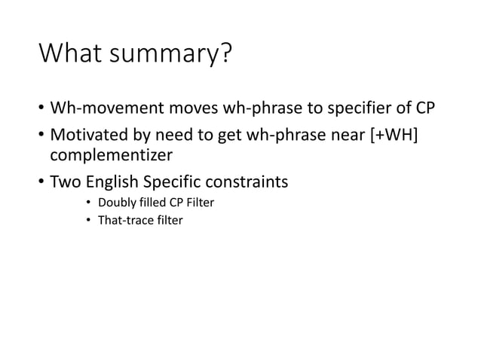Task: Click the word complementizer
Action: (x=109, y=156)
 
